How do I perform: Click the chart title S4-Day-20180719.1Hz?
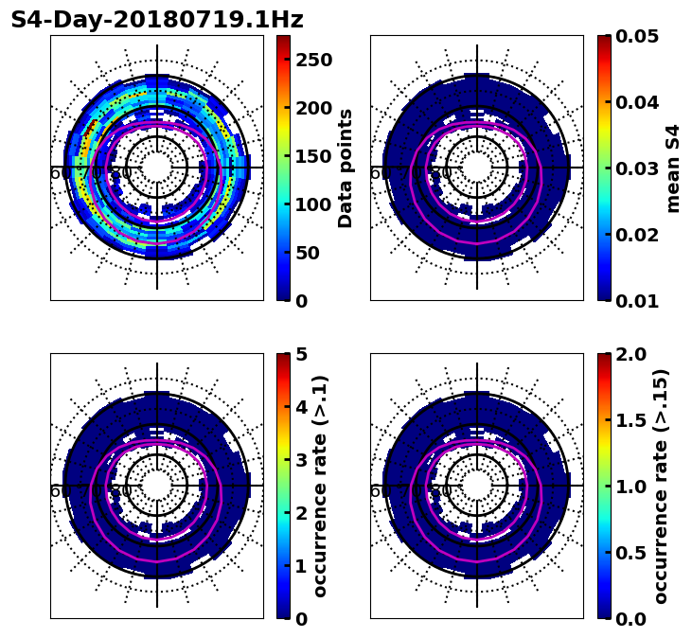[157, 20]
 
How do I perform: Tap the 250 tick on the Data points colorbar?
[313, 60]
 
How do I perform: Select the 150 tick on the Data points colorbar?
[313, 156]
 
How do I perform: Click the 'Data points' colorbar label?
[346, 168]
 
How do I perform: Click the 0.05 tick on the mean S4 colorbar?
[636, 36]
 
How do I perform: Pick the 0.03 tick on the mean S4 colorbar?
[636, 168]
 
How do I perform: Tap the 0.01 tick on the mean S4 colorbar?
[636, 300]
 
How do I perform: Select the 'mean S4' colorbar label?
[673, 168]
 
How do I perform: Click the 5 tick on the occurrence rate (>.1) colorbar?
[302, 354]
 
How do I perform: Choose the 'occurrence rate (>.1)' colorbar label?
[320, 486]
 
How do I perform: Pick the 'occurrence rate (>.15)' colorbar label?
[661, 486]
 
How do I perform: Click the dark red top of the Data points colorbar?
[282, 39]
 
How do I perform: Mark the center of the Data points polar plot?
[157, 168]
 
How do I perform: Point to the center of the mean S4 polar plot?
[477, 168]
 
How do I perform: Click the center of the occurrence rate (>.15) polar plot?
[477, 486]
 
